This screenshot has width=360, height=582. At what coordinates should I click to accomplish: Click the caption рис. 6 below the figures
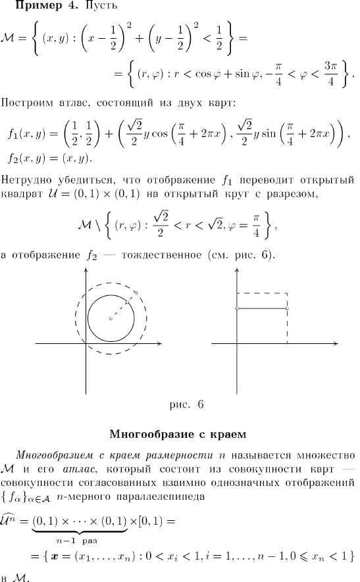click(x=186, y=404)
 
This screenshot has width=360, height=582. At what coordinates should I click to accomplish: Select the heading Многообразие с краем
click(x=178, y=434)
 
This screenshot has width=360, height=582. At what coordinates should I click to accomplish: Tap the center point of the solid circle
click(x=111, y=318)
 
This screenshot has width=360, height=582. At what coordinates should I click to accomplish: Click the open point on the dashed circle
click(x=136, y=293)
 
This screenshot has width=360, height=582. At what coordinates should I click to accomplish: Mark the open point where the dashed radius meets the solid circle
click(x=128, y=302)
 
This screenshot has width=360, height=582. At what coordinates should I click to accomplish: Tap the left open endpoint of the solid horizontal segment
click(x=237, y=308)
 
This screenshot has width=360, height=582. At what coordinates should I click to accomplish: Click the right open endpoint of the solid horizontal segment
click(x=287, y=308)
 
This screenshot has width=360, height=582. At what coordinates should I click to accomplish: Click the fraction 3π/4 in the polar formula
click(x=330, y=74)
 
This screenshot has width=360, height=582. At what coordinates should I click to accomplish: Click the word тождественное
click(x=162, y=255)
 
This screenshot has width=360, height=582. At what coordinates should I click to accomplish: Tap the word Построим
click(x=27, y=103)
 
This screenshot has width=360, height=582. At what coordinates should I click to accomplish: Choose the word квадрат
click(x=22, y=194)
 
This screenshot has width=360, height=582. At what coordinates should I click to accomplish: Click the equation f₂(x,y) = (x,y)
click(x=50, y=159)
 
